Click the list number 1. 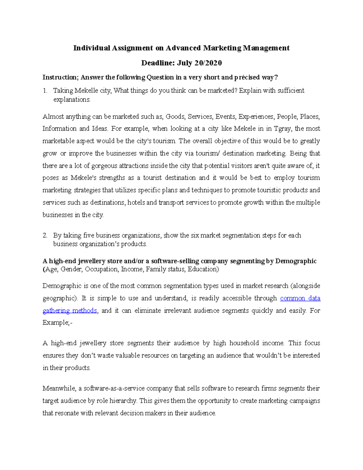(x=45, y=90)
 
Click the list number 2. (x=45, y=235)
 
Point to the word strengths (x=112, y=178)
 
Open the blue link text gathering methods (x=70, y=311)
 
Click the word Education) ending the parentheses (x=203, y=269)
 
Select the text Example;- (x=57, y=323)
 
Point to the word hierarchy (x=120, y=401)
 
